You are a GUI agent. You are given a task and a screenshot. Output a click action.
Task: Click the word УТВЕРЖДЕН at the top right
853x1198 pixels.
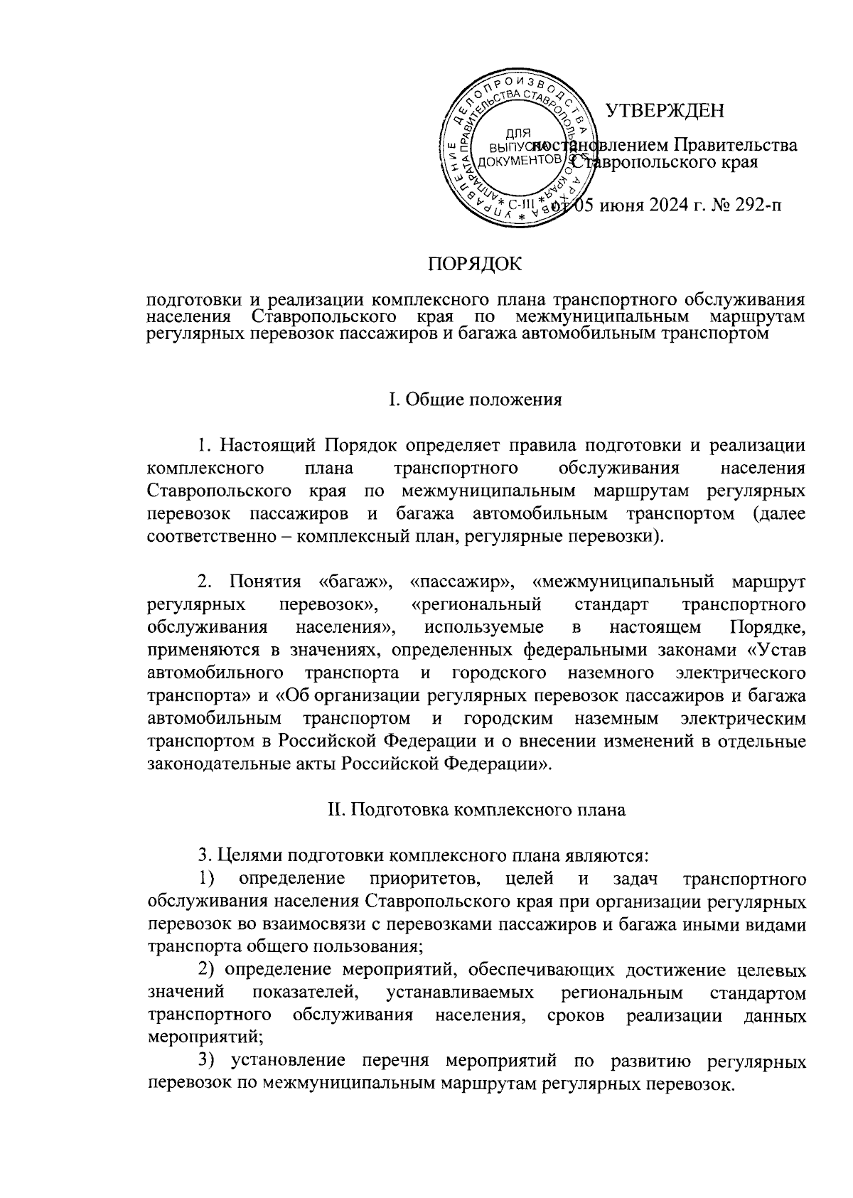click(664, 111)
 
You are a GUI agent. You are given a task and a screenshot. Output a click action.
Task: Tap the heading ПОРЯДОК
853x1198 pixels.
click(474, 265)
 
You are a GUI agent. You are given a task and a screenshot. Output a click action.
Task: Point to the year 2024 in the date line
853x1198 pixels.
click(665, 206)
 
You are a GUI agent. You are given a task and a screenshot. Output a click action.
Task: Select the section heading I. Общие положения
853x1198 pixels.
click(475, 399)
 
